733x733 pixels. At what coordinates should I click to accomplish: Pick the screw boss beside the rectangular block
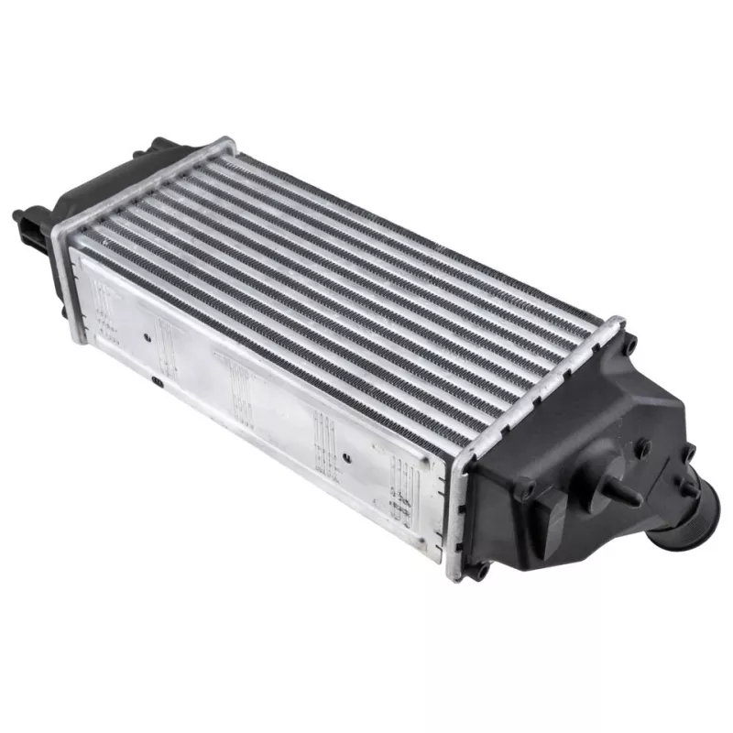coord(525,490)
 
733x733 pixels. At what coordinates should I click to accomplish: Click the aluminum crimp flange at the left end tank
coord(137,188)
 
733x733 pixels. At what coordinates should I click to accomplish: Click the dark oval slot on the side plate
coord(158,378)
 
